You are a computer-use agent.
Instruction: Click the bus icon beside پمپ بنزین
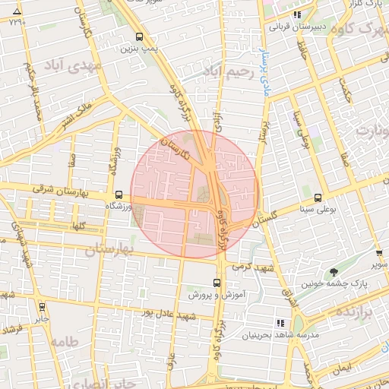[139, 36]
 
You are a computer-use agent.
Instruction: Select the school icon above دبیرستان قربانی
[298, 14]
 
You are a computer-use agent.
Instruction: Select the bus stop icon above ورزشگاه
[118, 194]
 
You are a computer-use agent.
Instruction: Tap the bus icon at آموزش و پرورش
[217, 282]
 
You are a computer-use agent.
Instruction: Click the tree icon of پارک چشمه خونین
[333, 272]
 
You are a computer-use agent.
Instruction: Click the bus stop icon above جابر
[41, 308]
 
